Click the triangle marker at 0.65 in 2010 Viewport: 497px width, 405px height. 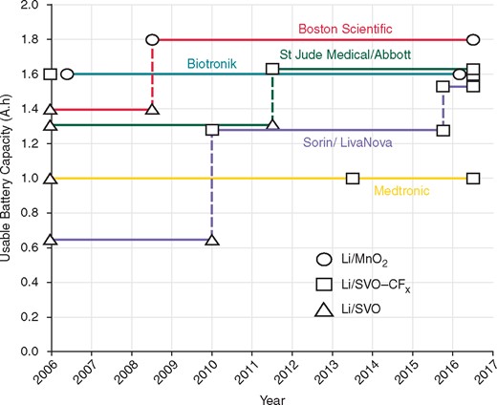pyautogui.click(x=212, y=239)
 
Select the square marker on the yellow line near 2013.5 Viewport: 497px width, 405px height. pyautogui.click(x=353, y=179)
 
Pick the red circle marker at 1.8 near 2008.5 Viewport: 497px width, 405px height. pyautogui.click(x=152, y=40)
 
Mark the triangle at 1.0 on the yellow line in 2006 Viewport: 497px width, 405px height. pyautogui.click(x=52, y=178)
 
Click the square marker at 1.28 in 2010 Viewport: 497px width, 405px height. pyautogui.click(x=212, y=130)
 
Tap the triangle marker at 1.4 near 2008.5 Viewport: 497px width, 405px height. pyautogui.click(x=152, y=108)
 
